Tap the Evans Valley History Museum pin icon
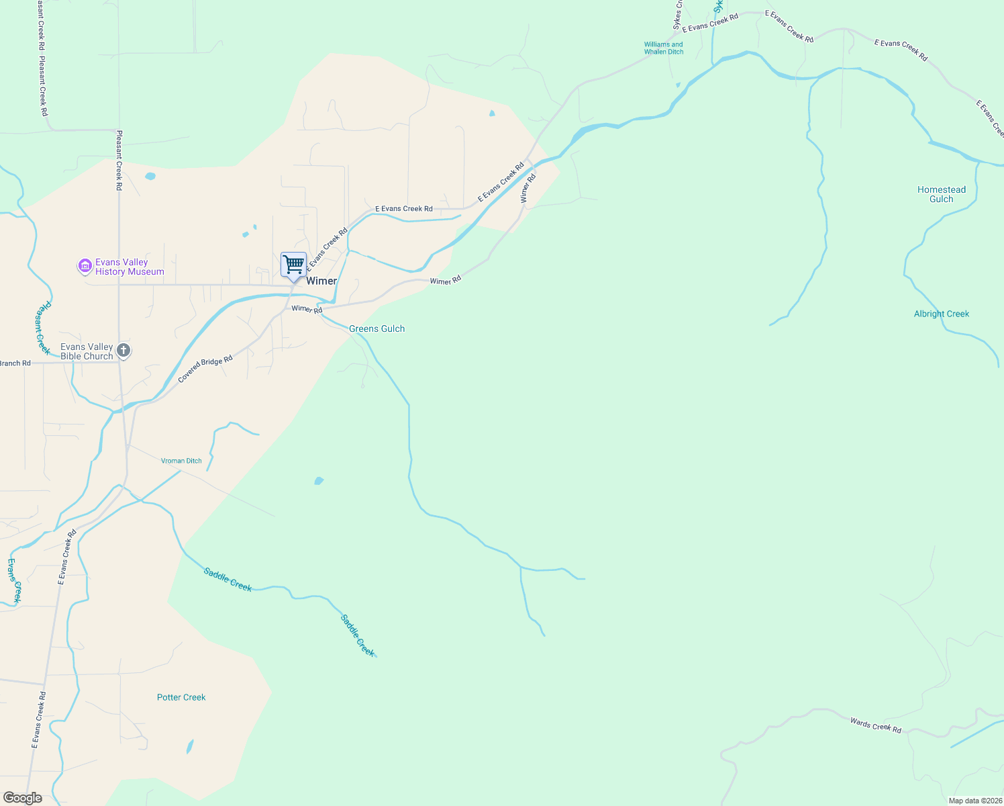coord(85,267)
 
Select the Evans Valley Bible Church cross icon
coord(123,350)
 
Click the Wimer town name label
coord(321,281)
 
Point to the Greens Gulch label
coord(376,328)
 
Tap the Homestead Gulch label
coord(941,194)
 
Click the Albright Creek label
coord(941,314)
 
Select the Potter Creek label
coord(181,697)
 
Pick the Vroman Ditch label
coord(181,461)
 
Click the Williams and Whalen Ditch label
coord(663,48)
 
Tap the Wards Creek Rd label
coord(875,725)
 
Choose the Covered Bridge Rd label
coord(205,369)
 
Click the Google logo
coord(22,798)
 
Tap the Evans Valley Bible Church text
coord(87,351)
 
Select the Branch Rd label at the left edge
coord(15,363)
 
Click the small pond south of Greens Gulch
coord(319,480)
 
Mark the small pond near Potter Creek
coord(190,746)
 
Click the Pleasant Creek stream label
coord(42,328)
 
